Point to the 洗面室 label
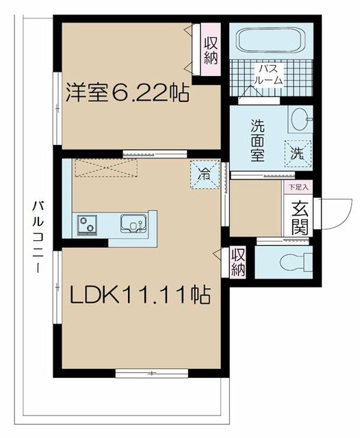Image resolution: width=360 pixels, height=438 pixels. pyautogui.click(x=257, y=140)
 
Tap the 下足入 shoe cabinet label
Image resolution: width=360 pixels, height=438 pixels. pyautogui.click(x=298, y=185)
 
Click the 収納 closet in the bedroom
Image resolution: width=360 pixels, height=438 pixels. pyautogui.click(x=210, y=48)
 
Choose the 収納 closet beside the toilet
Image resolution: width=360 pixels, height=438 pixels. pyautogui.click(x=237, y=261)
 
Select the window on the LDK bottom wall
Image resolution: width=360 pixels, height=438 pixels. pyautogui.click(x=151, y=373)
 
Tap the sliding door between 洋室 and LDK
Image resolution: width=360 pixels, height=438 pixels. pyautogui.click(x=155, y=153)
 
